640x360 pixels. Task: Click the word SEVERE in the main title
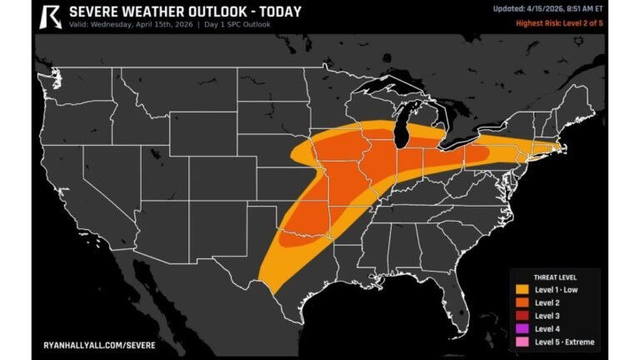97,12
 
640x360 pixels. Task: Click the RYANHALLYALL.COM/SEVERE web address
98,343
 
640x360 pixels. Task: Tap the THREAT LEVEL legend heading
555,277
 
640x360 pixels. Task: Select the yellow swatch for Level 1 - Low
522,289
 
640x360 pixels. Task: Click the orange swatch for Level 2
522,302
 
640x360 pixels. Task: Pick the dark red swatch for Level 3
522,316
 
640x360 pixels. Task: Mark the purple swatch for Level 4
522,329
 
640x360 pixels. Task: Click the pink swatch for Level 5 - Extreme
522,342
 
